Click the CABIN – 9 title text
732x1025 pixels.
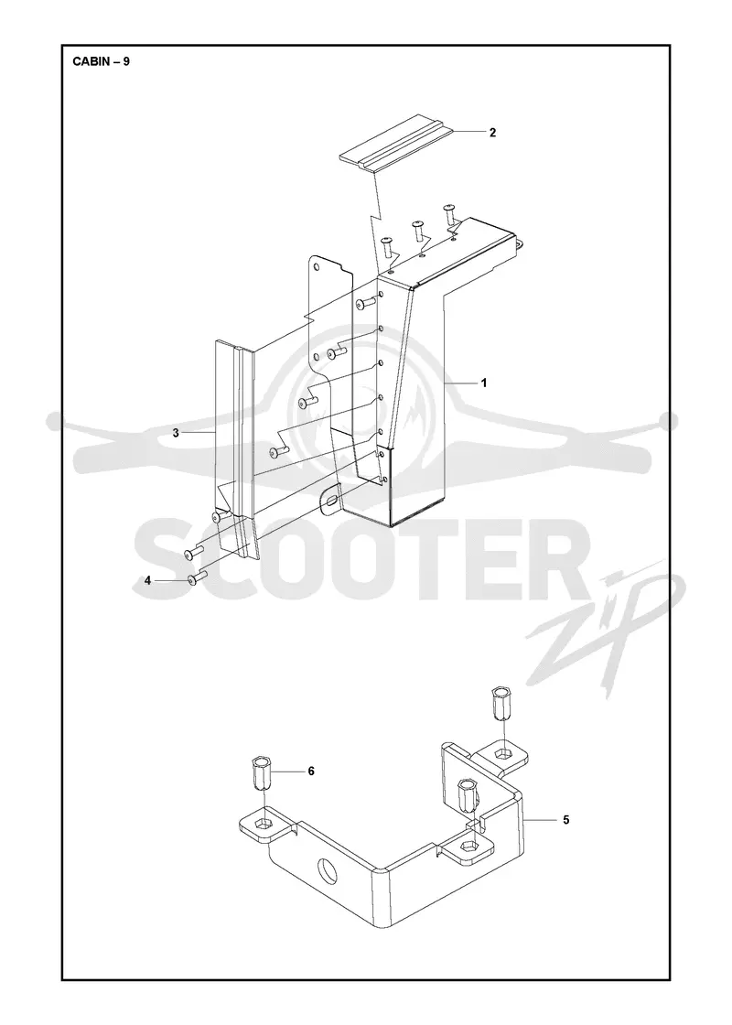pyautogui.click(x=102, y=62)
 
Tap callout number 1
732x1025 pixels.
pyautogui.click(x=484, y=383)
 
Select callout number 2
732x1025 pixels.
pyautogui.click(x=493, y=133)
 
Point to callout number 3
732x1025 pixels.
pyautogui.click(x=176, y=433)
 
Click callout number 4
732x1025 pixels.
pyautogui.click(x=147, y=580)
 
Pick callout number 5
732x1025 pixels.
pyautogui.click(x=566, y=819)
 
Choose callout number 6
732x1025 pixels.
pyautogui.click(x=311, y=771)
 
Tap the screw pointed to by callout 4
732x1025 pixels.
pyautogui.click(x=196, y=577)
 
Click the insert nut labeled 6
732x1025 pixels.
pyautogui.click(x=262, y=773)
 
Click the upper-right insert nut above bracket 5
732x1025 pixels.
pyautogui.click(x=501, y=704)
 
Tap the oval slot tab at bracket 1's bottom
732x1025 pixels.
pyautogui.click(x=331, y=502)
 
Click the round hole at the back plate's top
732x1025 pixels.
pyautogui.click(x=318, y=267)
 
